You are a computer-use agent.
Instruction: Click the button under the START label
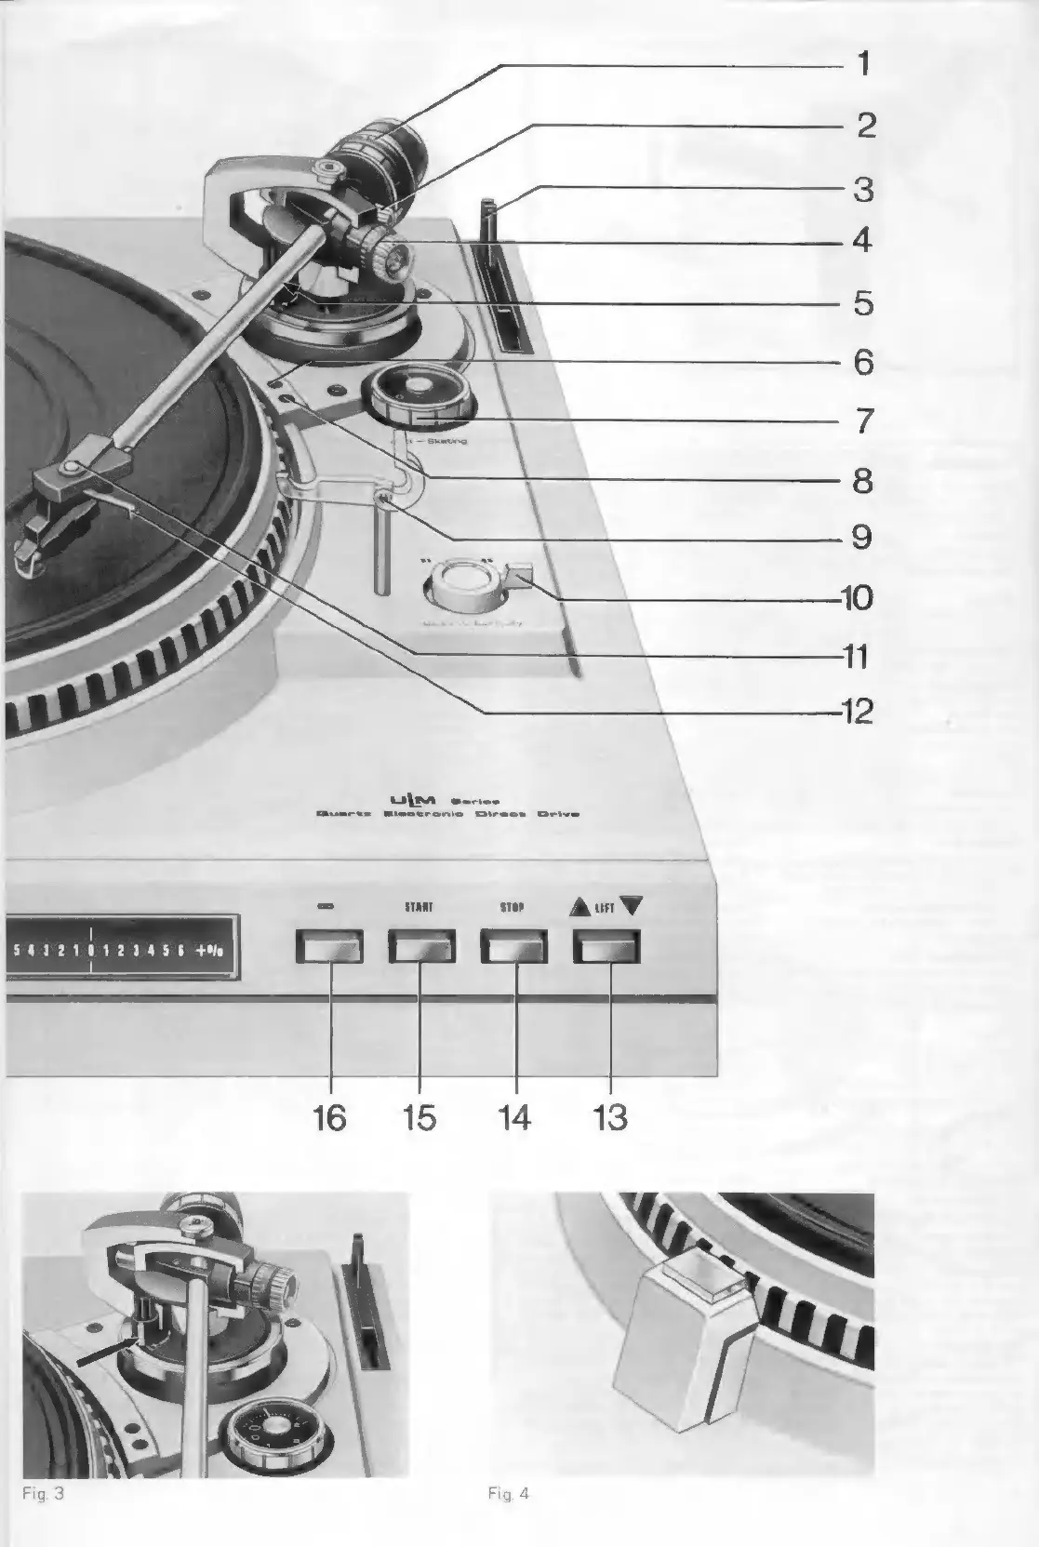(421, 946)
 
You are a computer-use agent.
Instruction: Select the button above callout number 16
(329, 946)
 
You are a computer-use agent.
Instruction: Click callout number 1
(863, 64)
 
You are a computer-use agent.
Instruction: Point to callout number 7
(863, 420)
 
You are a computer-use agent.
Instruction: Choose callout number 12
(857, 712)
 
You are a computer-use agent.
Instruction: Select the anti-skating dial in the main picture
(422, 394)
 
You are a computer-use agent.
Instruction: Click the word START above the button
(419, 906)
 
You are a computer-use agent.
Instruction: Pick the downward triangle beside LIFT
(631, 905)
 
